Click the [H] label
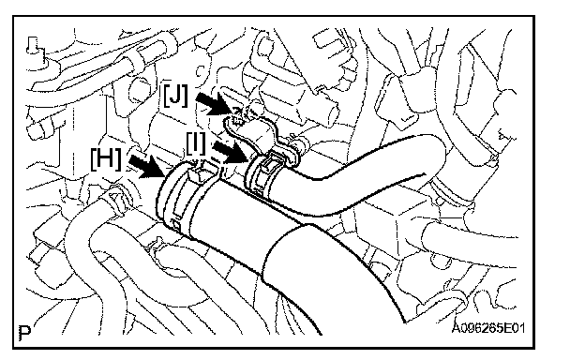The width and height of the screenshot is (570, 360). click(x=106, y=159)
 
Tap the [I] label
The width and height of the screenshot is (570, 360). click(x=196, y=142)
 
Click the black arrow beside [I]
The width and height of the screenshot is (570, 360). click(x=231, y=152)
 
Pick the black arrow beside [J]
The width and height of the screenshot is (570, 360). click(x=215, y=103)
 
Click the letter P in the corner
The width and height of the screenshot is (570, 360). click(x=24, y=333)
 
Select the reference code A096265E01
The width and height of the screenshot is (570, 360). click(x=488, y=328)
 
